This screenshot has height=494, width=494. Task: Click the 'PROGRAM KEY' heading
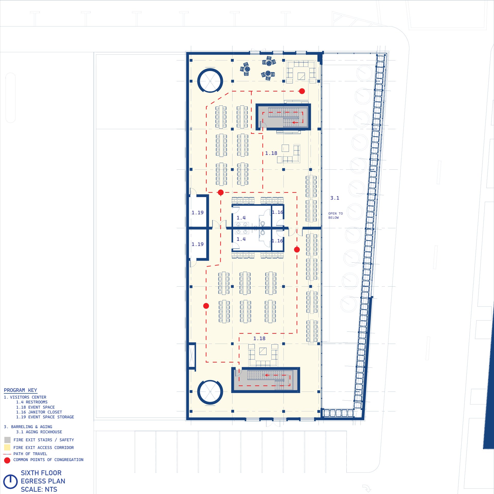click(x=20, y=390)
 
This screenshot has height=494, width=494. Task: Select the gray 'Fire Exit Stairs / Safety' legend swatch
click(x=7, y=440)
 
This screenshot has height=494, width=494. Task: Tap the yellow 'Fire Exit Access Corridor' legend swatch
click(x=7, y=447)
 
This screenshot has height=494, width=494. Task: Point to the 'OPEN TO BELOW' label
click(x=336, y=215)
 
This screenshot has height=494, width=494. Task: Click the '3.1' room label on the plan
click(x=335, y=198)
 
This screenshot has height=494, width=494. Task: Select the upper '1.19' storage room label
click(x=197, y=213)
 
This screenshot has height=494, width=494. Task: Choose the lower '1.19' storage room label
click(x=197, y=244)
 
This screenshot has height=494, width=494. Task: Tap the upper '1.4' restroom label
click(x=241, y=218)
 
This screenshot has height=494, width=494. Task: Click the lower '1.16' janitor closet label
click(x=277, y=241)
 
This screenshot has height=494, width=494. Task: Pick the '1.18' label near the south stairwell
click(x=259, y=338)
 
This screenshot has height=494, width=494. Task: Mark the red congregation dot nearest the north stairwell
click(x=302, y=91)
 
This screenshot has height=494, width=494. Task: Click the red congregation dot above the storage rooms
click(x=221, y=192)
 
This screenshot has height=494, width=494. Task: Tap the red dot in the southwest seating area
click(x=206, y=306)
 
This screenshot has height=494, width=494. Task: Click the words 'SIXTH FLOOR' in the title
click(x=41, y=473)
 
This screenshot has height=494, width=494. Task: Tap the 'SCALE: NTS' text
click(x=39, y=489)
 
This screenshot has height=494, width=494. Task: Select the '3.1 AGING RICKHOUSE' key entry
click(x=39, y=432)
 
